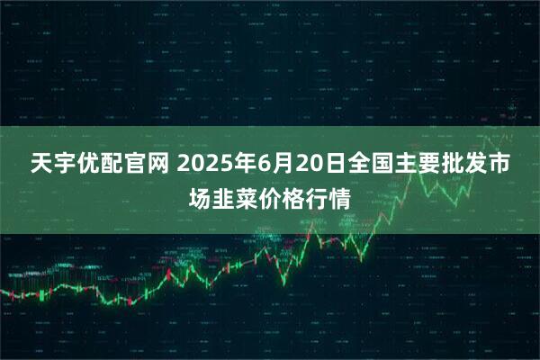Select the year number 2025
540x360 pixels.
pos(203,166)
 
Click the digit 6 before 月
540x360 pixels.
pos(260,166)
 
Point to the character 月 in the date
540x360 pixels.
pos(279,166)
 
